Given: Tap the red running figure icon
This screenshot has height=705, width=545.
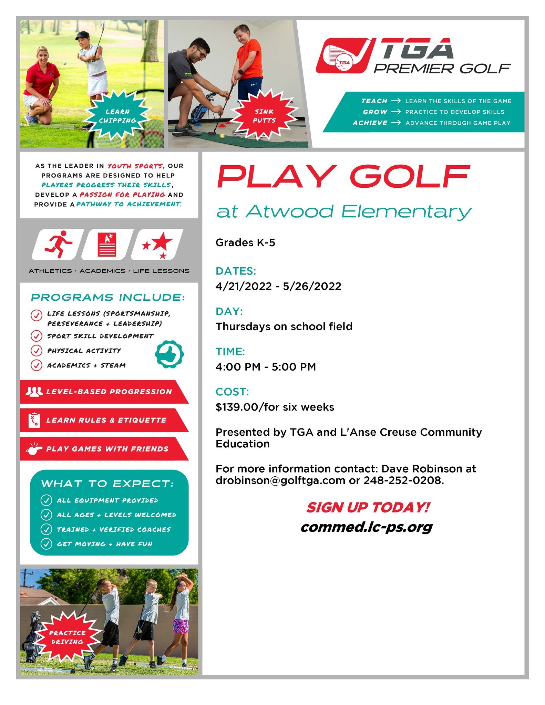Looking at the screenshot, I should pos(58,244).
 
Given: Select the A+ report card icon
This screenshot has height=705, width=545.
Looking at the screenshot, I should pos(107,244).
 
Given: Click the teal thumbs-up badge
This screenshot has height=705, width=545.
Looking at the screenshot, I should pos(169,354).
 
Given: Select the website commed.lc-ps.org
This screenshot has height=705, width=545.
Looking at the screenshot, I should pos(366,527).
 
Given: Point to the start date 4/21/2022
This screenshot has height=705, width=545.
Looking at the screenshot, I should pos(244,286).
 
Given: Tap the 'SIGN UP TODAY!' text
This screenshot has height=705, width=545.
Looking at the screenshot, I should pos(368,507).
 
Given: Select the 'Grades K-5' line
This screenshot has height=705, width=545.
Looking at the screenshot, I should pos(245,243).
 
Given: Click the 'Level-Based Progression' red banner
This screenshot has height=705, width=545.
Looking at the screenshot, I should pos(103,392).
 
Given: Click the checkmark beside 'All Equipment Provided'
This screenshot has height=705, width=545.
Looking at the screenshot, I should pos(46,500).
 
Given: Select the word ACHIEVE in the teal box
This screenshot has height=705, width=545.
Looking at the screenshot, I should pos(370,123).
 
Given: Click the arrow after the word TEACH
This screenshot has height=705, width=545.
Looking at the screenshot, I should pos(396,101).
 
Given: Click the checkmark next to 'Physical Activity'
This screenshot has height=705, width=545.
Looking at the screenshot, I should pos(36,350).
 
